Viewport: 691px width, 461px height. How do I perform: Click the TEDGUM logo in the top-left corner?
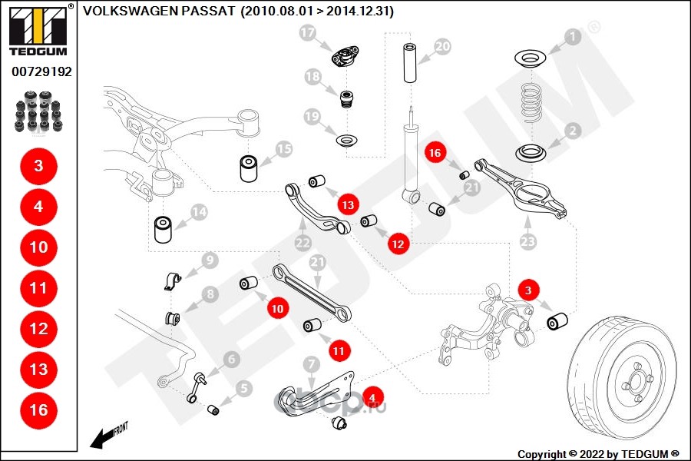click(39, 31)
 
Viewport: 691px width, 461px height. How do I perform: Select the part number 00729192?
click(42, 71)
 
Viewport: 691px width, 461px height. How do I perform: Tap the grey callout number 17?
click(307, 32)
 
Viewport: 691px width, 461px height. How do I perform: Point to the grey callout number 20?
click(442, 46)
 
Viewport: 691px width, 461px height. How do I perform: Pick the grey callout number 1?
click(573, 37)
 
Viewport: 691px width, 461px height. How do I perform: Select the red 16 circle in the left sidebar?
click(39, 410)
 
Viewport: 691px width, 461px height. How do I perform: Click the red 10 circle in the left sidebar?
click(39, 247)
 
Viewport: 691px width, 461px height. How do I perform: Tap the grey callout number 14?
click(199, 212)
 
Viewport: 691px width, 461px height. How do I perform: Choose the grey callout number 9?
click(210, 260)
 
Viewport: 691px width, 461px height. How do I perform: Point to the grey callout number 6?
click(231, 360)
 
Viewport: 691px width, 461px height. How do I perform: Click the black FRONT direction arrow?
click(104, 438)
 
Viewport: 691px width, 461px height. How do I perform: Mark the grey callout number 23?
click(528, 241)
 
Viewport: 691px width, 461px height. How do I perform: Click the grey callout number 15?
click(284, 149)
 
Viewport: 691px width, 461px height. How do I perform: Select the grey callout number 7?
click(312, 364)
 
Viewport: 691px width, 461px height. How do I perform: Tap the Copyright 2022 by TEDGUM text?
click(598, 454)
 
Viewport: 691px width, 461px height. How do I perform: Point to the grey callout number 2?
click(573, 131)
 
